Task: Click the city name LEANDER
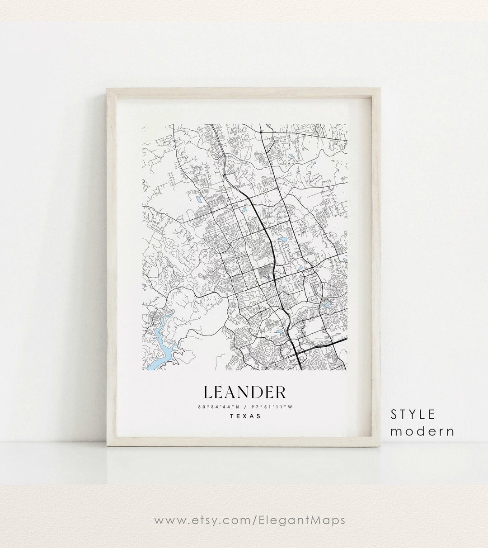(244, 393)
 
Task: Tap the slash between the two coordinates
(244, 407)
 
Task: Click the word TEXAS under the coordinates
(245, 416)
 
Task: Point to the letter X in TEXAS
(245, 416)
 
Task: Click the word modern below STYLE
(422, 431)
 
